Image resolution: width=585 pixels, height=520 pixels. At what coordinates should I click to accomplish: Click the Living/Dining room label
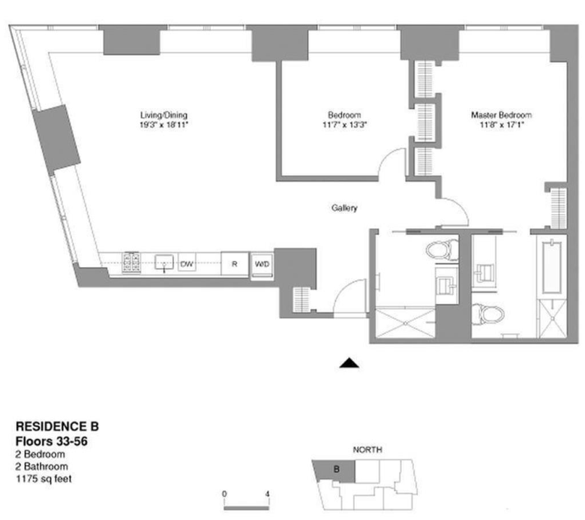click(163, 115)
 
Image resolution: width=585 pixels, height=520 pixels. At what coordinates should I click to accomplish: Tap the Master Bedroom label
click(501, 115)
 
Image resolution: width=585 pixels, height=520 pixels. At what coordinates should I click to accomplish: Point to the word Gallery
click(346, 208)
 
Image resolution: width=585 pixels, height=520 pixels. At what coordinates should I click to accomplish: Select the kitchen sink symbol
click(165, 263)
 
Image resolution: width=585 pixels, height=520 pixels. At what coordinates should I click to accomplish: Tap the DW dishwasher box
click(187, 264)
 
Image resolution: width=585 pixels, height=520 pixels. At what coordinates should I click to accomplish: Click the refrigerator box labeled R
click(235, 264)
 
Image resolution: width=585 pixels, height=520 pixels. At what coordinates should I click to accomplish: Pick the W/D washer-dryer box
click(261, 264)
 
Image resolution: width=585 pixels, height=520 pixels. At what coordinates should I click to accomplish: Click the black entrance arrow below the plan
click(349, 363)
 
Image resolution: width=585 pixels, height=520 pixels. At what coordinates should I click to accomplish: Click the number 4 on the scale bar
click(267, 494)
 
